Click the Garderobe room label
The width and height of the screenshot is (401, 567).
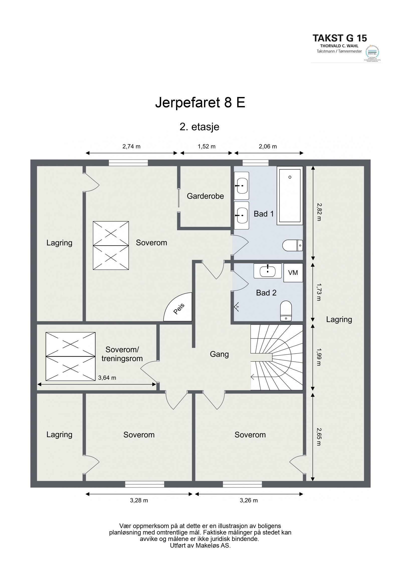point(205,196)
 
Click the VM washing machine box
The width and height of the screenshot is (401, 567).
point(293,273)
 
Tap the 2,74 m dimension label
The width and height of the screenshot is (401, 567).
point(131,147)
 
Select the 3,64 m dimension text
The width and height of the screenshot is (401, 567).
point(107,378)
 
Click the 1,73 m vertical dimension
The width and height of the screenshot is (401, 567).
point(319,292)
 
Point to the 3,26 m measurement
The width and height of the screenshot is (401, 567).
point(249,501)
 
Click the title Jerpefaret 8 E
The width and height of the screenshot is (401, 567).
point(200,102)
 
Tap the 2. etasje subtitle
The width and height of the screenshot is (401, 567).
point(199,127)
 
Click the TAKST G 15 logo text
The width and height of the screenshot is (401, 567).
point(340,38)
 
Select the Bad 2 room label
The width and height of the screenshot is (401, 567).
point(266,293)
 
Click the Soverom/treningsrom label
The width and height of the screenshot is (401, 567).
point(122,354)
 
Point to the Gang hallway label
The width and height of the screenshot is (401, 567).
point(219,354)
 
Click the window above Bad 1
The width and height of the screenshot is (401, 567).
point(255,163)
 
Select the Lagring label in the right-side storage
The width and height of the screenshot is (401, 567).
point(339,319)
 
